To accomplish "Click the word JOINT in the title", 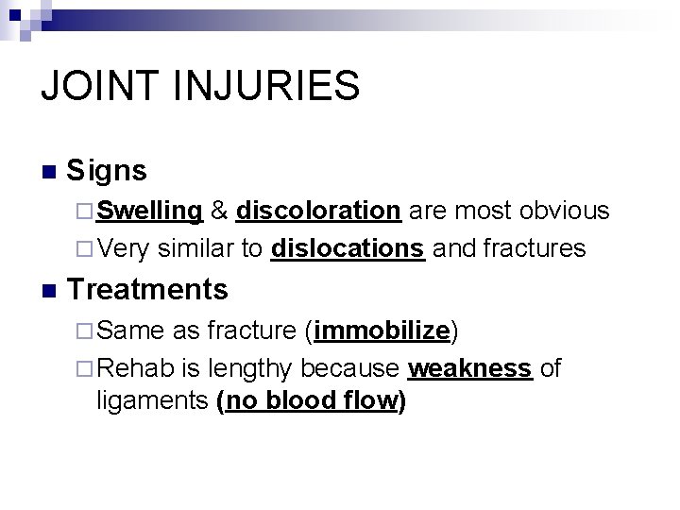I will [101, 84].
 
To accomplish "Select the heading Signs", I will [107, 171].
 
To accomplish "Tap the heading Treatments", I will [148, 288].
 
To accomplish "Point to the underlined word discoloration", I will [320, 211].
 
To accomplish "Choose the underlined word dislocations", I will [347, 248].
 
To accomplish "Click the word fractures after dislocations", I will [534, 248].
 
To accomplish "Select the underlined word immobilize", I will [382, 331].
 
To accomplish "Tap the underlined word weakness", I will [471, 368].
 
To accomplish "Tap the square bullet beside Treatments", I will [49, 290].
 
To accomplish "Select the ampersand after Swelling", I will [219, 211].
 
